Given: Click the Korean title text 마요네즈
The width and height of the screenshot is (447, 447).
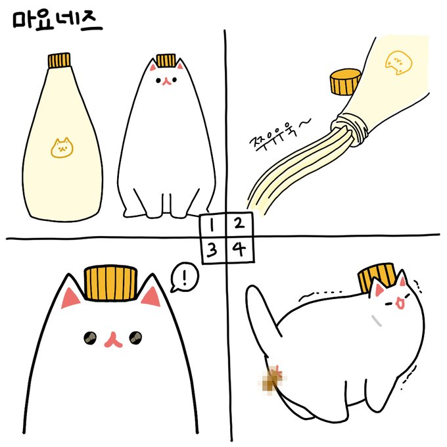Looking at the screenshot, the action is [x=57, y=20].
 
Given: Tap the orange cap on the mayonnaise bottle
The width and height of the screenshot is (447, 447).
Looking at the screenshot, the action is [x=59, y=60].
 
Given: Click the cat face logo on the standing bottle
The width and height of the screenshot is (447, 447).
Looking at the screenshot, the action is [x=62, y=148].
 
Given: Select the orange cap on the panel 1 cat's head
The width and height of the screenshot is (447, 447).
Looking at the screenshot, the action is [x=166, y=60].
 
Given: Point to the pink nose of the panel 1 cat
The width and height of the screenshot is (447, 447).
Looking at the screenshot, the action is [x=167, y=81].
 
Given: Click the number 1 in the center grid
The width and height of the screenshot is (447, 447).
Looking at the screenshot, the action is [x=211, y=225].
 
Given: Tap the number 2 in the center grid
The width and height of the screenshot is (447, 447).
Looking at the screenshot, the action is [x=239, y=223].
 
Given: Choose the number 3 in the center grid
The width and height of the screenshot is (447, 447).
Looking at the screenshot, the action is [x=212, y=250].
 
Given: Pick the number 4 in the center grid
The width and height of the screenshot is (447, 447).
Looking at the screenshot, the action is [x=239, y=249].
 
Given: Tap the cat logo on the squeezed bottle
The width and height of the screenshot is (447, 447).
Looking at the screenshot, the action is [x=398, y=62].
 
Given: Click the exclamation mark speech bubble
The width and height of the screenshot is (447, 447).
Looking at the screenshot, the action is [x=185, y=277].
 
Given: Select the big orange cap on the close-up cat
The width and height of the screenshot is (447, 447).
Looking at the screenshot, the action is [x=110, y=283].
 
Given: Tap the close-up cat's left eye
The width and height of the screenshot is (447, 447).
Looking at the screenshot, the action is [x=90, y=338].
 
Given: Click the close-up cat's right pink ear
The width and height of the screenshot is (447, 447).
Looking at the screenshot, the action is [x=151, y=297].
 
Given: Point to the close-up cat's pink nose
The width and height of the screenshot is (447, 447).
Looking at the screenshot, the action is [x=113, y=340].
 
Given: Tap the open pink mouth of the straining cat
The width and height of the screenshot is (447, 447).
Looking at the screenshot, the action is [x=400, y=303].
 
